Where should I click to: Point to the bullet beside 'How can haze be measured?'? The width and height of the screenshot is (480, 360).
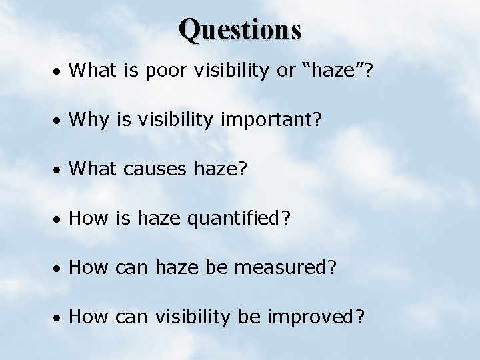(x=59, y=268)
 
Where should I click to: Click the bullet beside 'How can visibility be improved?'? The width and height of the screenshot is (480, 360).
(x=59, y=317)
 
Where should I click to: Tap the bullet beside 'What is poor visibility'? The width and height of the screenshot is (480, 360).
(x=59, y=71)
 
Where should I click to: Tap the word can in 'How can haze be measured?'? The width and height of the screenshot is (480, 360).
(x=129, y=267)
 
